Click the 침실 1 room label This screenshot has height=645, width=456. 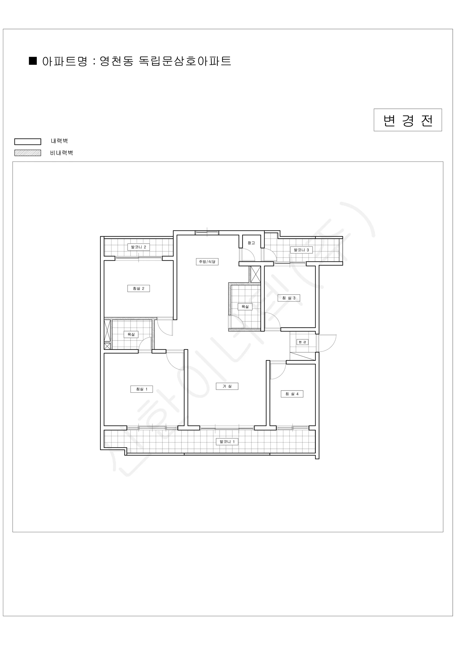[142, 389]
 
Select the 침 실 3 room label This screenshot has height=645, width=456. [289, 298]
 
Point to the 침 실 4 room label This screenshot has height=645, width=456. [292, 394]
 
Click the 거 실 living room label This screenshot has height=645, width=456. [227, 386]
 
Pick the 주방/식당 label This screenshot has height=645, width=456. [207, 262]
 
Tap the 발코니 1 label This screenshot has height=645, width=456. [227, 442]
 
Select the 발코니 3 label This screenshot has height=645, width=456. [301, 250]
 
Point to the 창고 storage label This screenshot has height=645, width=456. [251, 243]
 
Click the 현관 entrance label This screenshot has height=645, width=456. [302, 342]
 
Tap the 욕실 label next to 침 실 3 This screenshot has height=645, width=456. [245, 306]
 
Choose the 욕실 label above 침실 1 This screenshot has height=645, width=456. [131, 334]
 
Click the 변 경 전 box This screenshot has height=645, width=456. [408, 120]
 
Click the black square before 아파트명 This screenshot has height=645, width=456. [33, 61]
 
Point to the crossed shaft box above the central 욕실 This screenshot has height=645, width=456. [255, 274]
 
